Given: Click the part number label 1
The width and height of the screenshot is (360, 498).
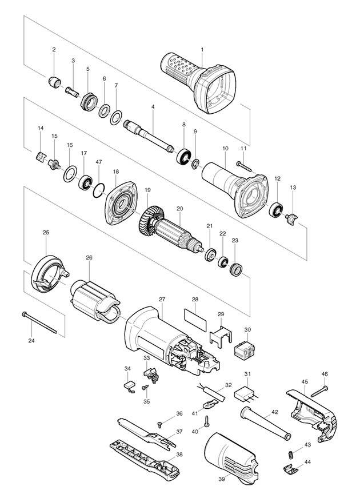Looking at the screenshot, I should click(201, 49).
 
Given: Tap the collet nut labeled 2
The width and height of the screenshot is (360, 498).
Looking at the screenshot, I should click(55, 82).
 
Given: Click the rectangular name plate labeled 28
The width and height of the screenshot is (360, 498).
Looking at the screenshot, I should click(195, 316).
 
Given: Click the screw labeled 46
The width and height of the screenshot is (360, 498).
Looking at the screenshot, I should click(319, 389).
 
